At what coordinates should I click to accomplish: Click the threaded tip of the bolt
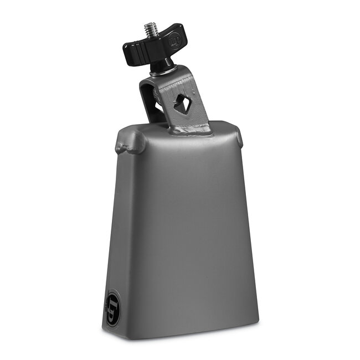tap(149, 29)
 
